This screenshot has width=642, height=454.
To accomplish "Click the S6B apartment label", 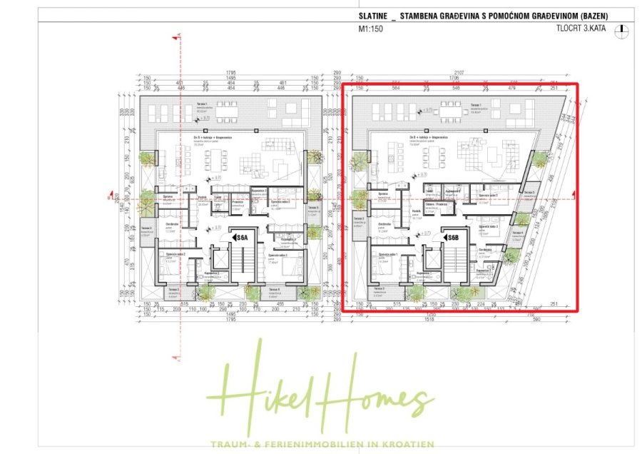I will pyautogui.click(x=452, y=237).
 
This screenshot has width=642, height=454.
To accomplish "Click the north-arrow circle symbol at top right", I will pyautogui.click(x=623, y=31).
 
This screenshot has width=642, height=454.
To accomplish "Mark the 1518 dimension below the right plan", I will pyautogui.click(x=429, y=319).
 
